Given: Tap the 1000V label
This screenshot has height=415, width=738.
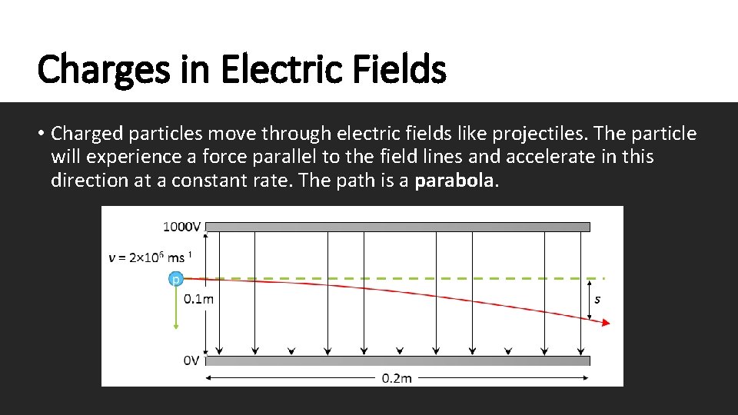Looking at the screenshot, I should point(182,227).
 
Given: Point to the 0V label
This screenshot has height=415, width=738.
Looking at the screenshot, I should point(191,360).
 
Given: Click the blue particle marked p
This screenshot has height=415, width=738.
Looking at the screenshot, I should point(176,280).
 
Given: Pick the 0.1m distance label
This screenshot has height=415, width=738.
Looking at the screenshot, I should point(198,299).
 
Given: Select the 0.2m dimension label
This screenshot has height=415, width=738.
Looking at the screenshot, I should point(397,377).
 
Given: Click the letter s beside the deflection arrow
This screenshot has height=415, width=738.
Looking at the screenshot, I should point(597,299).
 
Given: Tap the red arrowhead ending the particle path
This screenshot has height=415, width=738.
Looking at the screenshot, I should point(606,324).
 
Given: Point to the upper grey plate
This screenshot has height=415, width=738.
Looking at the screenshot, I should point(397,227).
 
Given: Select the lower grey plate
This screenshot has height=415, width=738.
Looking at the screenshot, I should point(397,360).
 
